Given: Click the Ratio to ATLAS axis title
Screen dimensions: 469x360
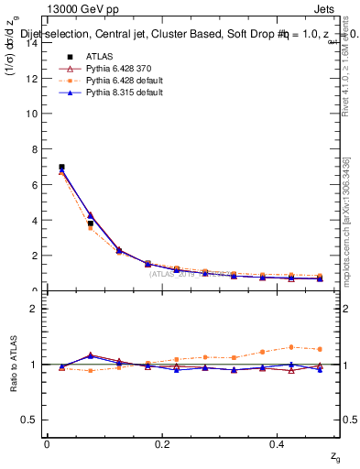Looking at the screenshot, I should (x=12, y=365).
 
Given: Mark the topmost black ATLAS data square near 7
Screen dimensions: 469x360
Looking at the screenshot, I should (x=61, y=168).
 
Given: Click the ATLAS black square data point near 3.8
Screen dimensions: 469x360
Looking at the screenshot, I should (x=90, y=224).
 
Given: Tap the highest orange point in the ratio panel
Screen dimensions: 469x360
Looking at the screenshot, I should (x=291, y=347).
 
